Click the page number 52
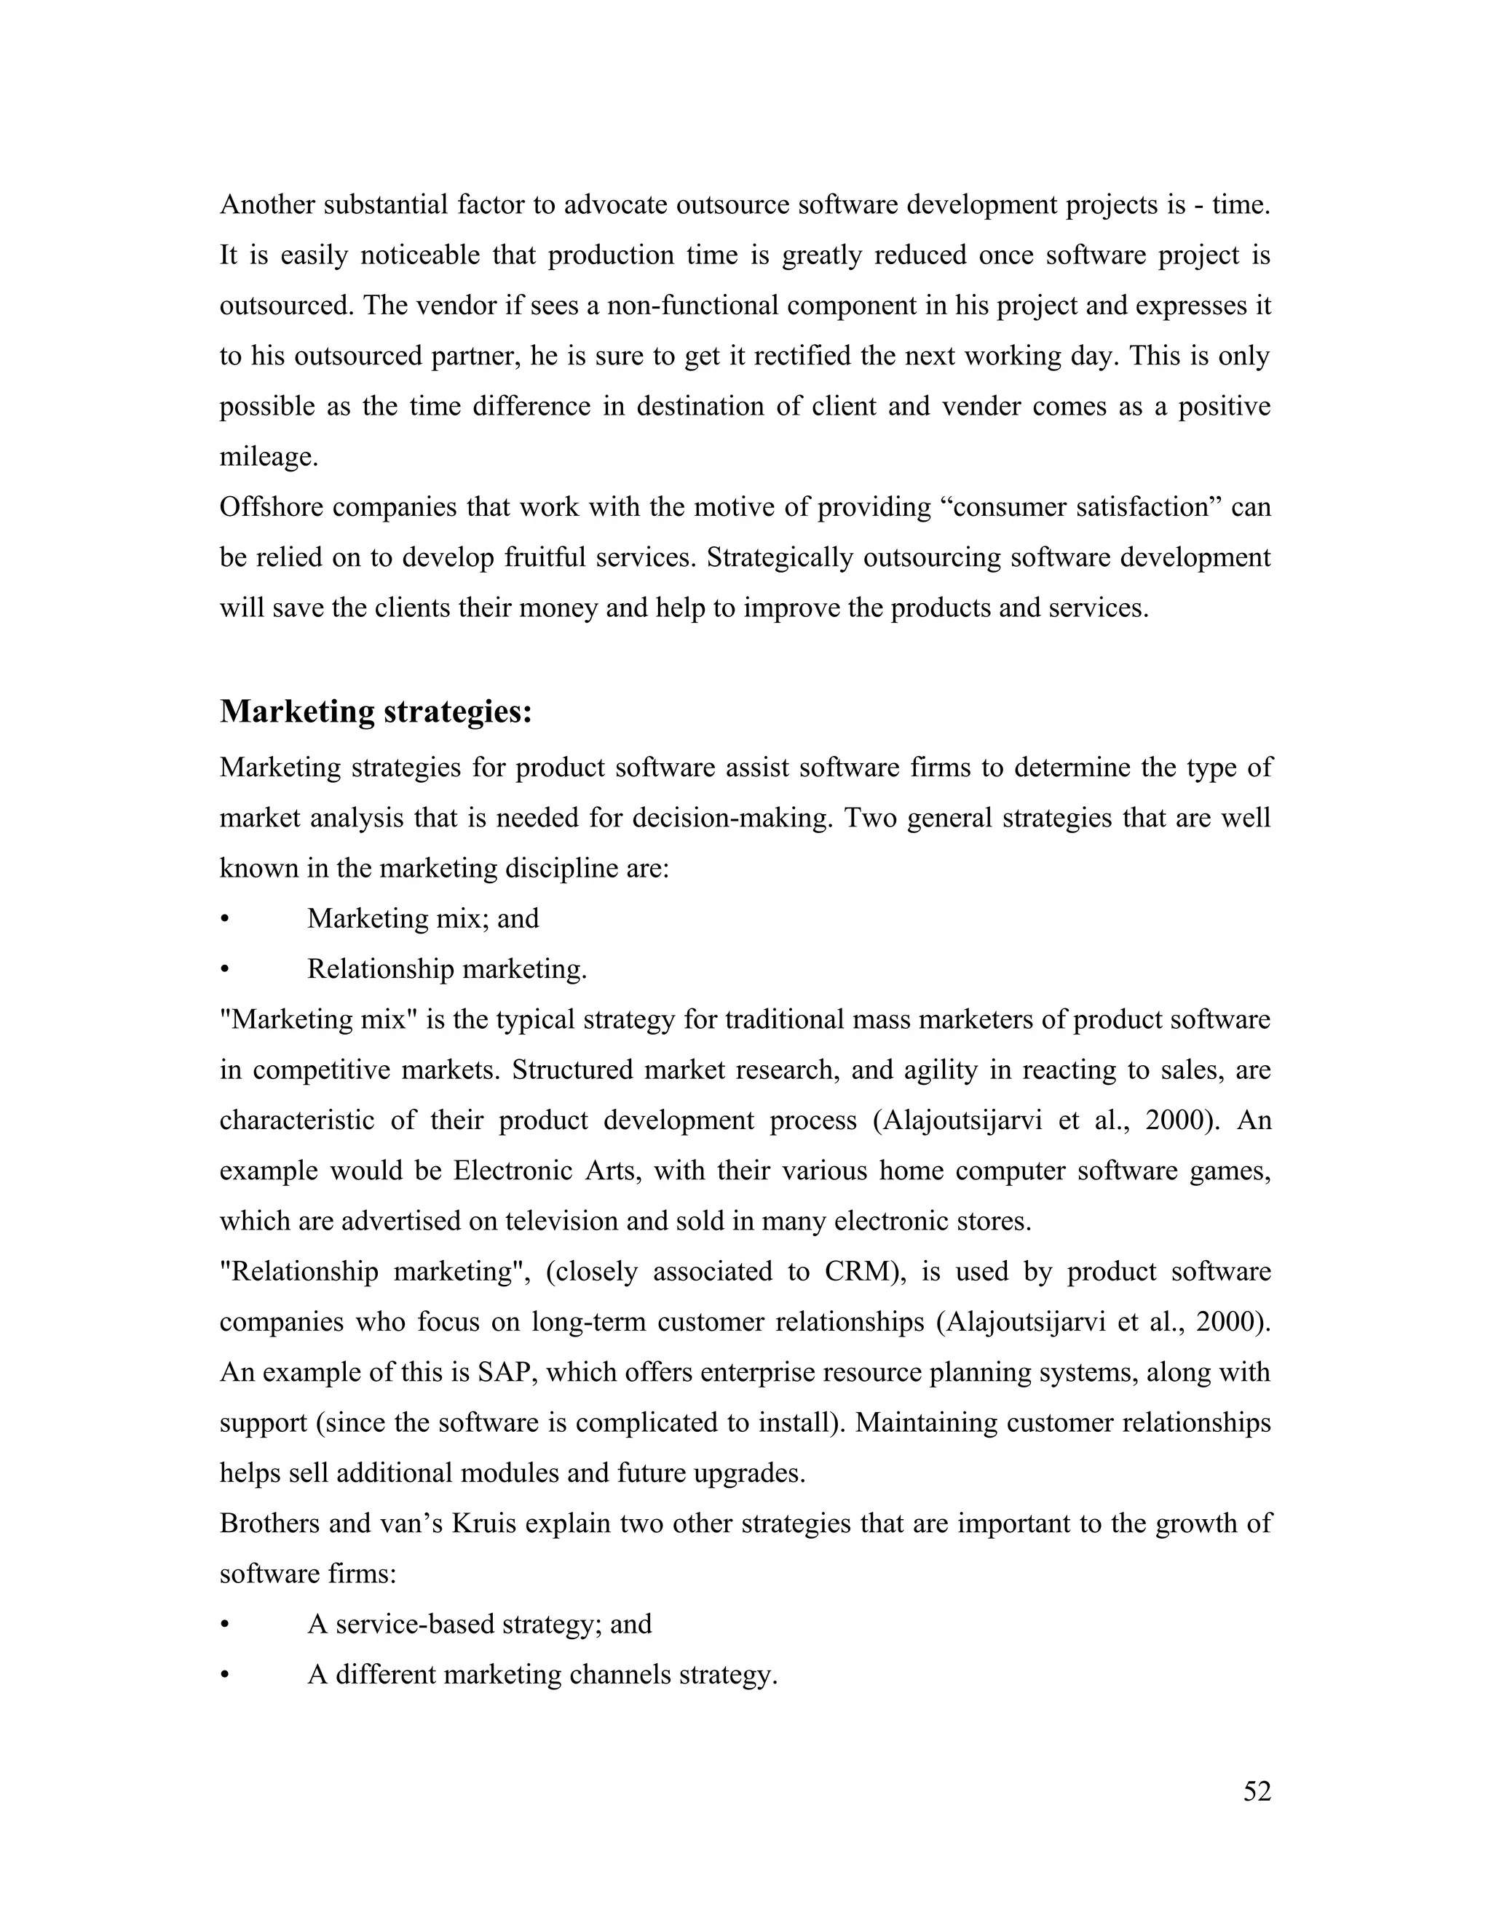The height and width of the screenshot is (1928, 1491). [1256, 1791]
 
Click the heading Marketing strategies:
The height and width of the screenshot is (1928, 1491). [376, 712]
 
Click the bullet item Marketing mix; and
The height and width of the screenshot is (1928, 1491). [422, 919]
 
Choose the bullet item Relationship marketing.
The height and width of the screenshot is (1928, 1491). [447, 969]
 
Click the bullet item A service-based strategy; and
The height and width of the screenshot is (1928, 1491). [480, 1625]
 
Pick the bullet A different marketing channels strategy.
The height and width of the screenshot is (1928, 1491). [542, 1675]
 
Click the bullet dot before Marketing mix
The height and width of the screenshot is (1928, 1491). [224, 920]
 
